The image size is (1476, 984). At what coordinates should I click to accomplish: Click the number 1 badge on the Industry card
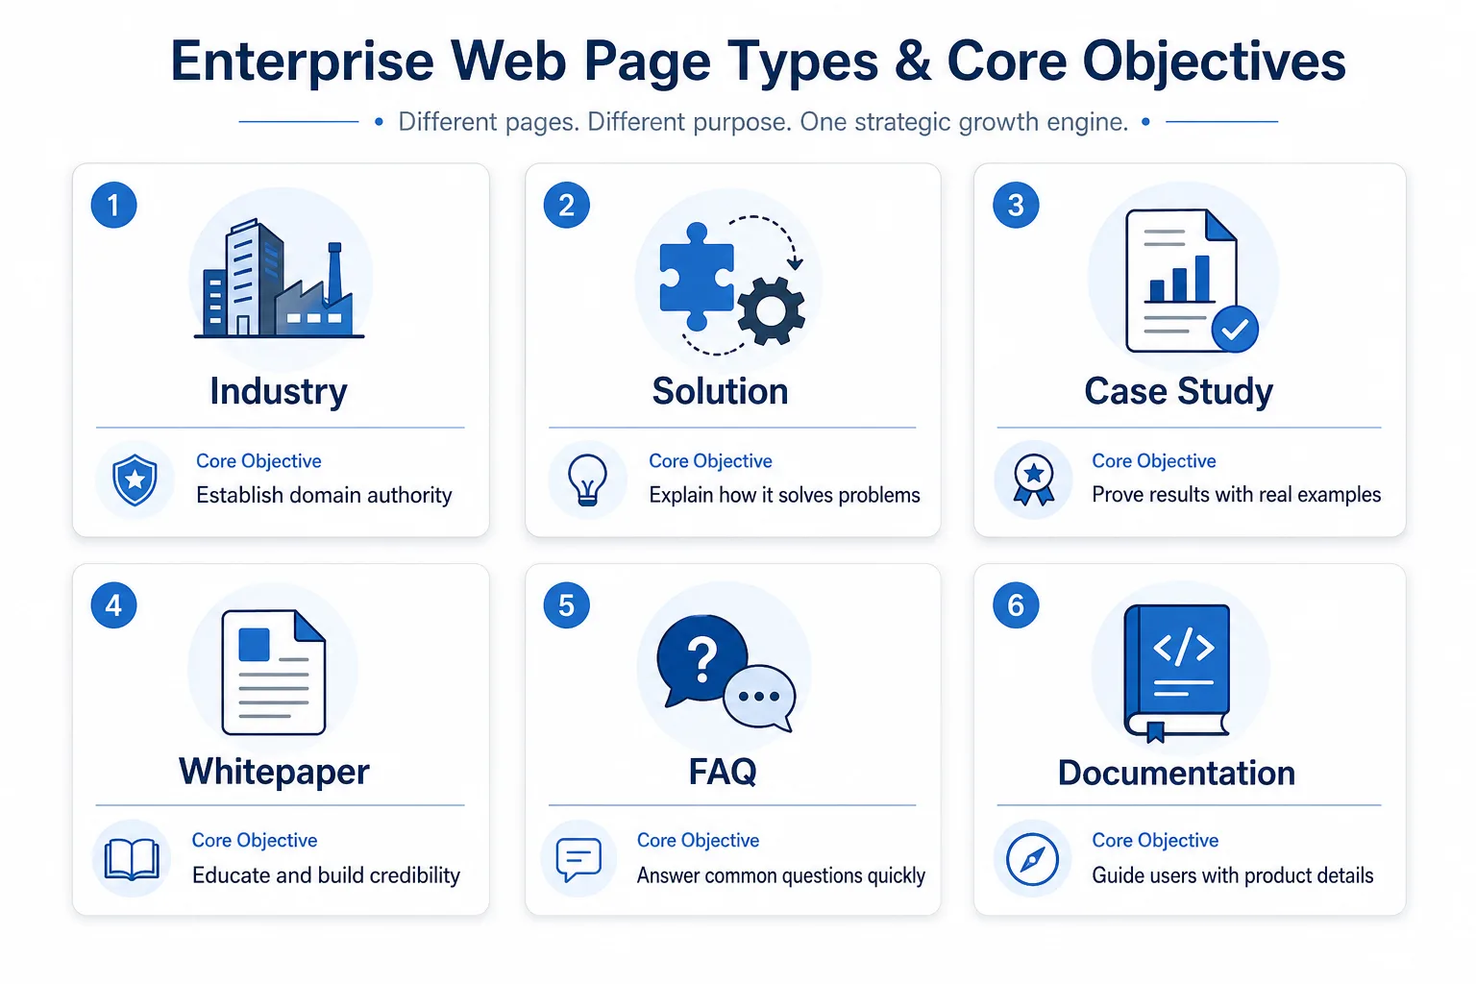tap(114, 205)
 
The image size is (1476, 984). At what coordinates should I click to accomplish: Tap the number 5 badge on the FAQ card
tap(566, 605)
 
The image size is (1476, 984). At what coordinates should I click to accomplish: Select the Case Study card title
tap(1178, 391)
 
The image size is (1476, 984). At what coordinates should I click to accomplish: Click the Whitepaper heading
tap(274, 771)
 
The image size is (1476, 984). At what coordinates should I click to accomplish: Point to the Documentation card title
tap(1176, 773)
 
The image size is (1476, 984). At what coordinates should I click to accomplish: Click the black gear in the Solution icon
tap(771, 310)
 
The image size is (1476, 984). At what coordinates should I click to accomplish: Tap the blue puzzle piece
tap(697, 277)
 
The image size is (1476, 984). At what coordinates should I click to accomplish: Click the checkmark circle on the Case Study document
tap(1235, 329)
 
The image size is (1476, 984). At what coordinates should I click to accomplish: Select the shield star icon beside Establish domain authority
tap(135, 480)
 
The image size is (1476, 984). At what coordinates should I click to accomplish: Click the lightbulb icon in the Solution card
tap(587, 480)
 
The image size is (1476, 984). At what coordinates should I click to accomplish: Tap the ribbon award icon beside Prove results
tap(1033, 480)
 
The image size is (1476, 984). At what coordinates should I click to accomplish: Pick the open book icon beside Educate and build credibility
tap(132, 859)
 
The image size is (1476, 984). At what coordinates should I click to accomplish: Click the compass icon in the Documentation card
tap(1033, 859)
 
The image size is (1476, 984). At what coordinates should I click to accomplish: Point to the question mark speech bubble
tap(701, 660)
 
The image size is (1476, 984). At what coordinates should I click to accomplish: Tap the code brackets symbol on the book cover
tap(1184, 647)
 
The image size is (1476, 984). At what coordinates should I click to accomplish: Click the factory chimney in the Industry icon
tap(334, 272)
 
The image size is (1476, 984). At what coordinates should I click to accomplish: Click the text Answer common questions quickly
tap(781, 875)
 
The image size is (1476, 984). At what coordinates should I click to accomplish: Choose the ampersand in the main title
tap(912, 61)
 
